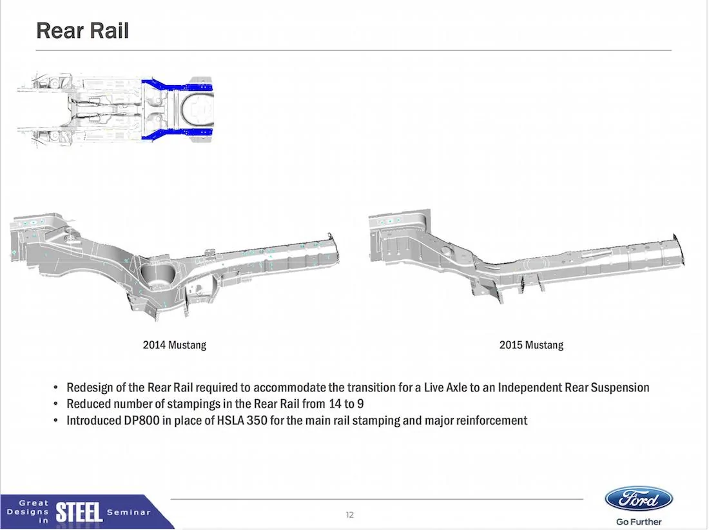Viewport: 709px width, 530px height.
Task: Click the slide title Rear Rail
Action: [x=83, y=31]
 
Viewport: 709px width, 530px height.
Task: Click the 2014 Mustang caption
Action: [x=175, y=345]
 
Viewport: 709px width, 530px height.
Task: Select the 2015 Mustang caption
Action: [x=531, y=345]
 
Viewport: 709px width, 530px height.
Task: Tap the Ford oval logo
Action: [x=639, y=500]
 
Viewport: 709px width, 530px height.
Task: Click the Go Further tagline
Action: [x=639, y=522]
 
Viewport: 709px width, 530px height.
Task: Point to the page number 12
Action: [x=349, y=515]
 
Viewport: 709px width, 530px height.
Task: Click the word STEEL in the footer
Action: [x=79, y=513]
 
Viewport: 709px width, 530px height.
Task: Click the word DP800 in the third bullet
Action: [x=142, y=420]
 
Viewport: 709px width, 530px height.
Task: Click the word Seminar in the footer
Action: [x=129, y=513]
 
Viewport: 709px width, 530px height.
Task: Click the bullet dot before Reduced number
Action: [x=55, y=404]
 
